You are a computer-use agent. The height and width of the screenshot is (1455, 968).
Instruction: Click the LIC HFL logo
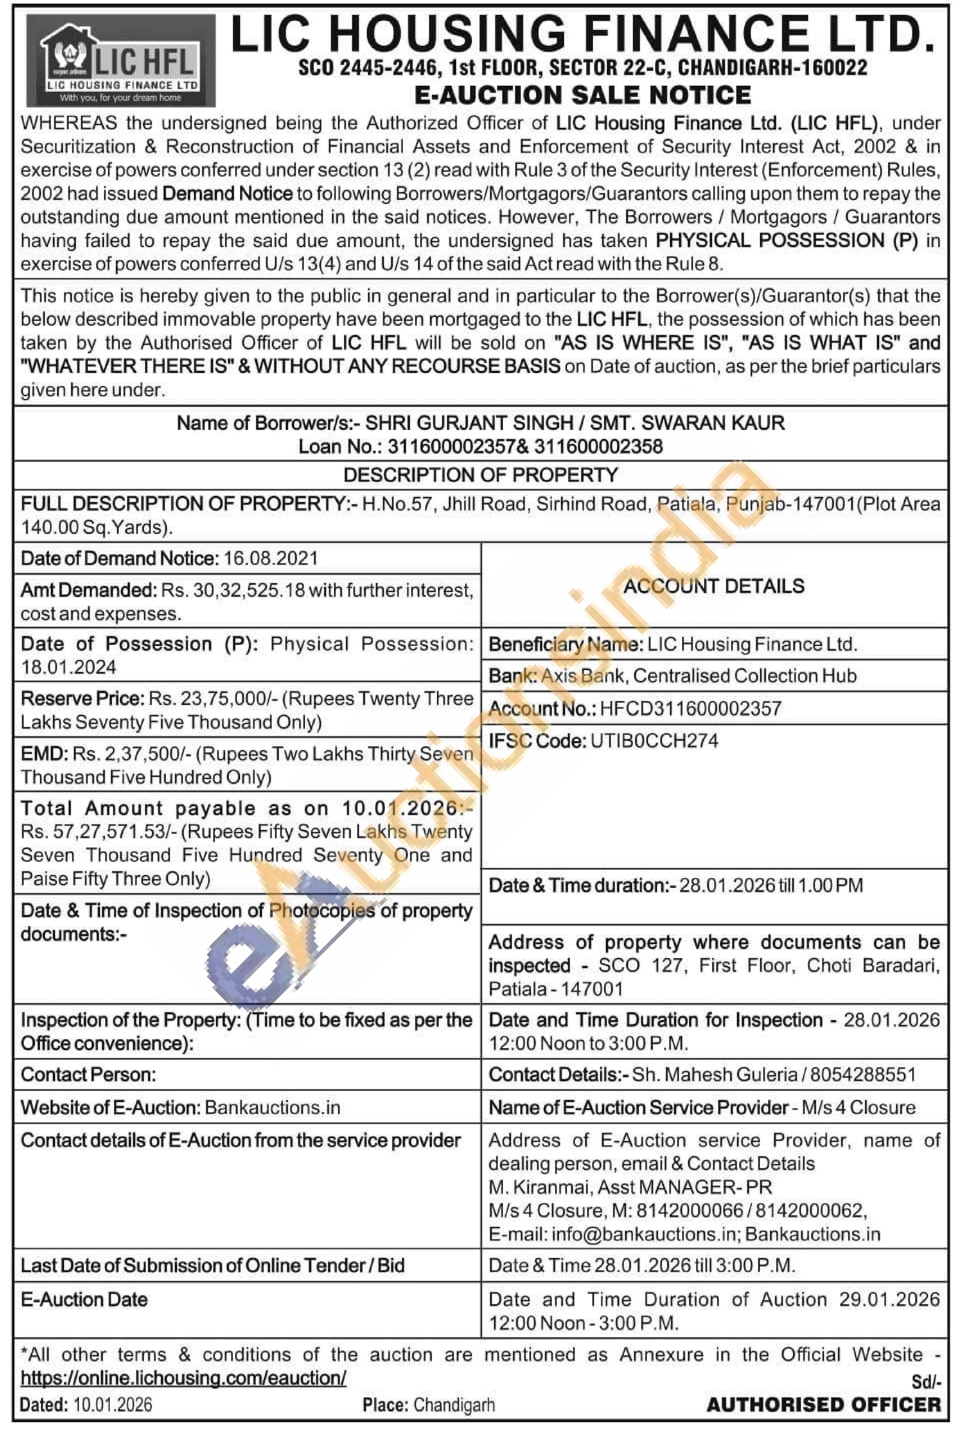tap(121, 60)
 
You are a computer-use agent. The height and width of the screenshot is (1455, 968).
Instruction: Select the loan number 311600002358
tap(598, 446)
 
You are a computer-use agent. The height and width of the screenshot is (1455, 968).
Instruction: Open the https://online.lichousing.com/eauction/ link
tap(183, 1378)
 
